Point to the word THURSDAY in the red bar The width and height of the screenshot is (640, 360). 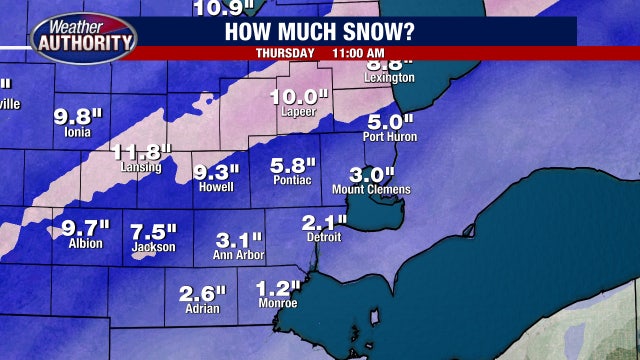[x=287, y=52]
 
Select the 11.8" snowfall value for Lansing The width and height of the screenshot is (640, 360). [x=143, y=153]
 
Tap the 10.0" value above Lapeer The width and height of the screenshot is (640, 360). [x=299, y=97]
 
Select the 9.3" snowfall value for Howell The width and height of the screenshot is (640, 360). [x=217, y=171]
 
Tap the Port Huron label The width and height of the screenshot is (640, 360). [x=390, y=137]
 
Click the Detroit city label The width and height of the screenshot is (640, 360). [x=324, y=238]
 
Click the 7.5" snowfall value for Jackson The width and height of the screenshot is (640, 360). [x=153, y=231]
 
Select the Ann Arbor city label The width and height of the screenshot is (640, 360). [x=238, y=255]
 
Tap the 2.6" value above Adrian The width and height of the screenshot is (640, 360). [x=203, y=294]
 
